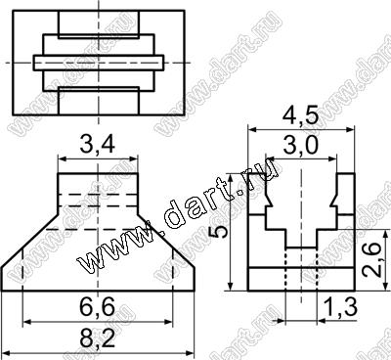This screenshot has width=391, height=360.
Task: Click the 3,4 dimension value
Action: pos(98,145)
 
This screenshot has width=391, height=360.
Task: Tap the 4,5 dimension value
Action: pos(300,116)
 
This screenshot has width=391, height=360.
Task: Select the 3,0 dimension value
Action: pos(300,146)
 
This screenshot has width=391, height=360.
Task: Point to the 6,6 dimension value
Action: pos(98,307)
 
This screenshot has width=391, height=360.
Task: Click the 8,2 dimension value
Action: pos(98,339)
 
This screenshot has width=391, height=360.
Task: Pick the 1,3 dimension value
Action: pos(341,307)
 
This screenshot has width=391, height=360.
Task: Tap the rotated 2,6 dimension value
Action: pos(371,259)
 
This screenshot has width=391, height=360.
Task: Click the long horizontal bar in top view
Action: pos(99,63)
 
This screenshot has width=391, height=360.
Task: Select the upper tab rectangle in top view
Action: pos(99,24)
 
